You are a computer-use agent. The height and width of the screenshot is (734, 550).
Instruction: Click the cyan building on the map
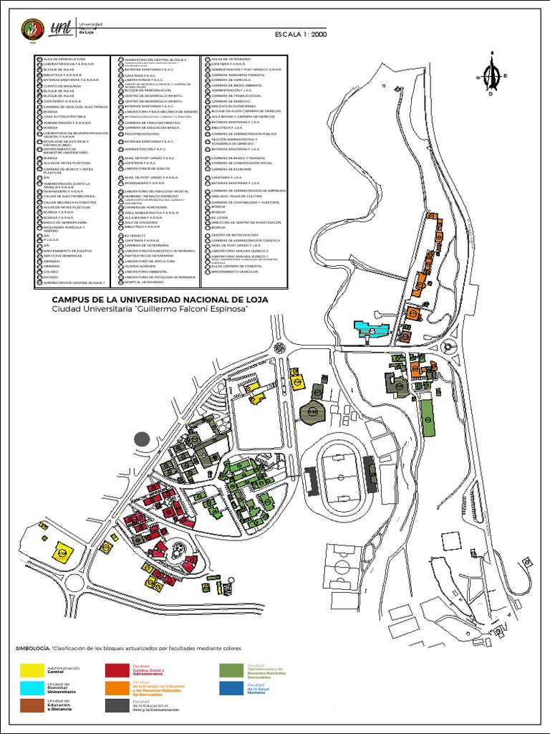(372, 330)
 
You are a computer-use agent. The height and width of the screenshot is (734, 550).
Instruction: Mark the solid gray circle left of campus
(142, 439)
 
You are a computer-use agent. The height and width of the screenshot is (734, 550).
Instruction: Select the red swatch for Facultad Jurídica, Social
(117, 670)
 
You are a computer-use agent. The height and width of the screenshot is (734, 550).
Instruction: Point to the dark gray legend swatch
(117, 706)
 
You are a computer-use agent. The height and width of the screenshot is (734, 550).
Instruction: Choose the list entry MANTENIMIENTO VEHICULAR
(236, 272)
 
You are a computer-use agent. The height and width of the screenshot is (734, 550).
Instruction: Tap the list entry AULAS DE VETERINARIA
(230, 59)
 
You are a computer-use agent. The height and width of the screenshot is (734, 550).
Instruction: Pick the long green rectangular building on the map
(428, 417)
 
